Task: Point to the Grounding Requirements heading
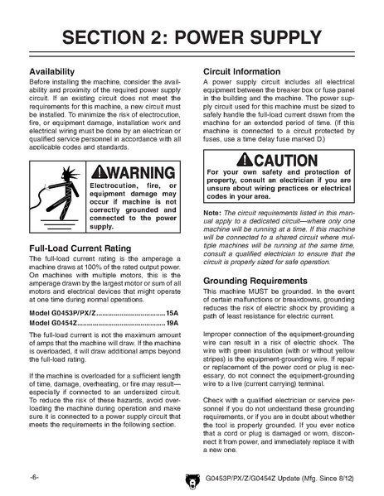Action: coord(259,281)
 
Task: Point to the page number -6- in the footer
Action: coord(35,479)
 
